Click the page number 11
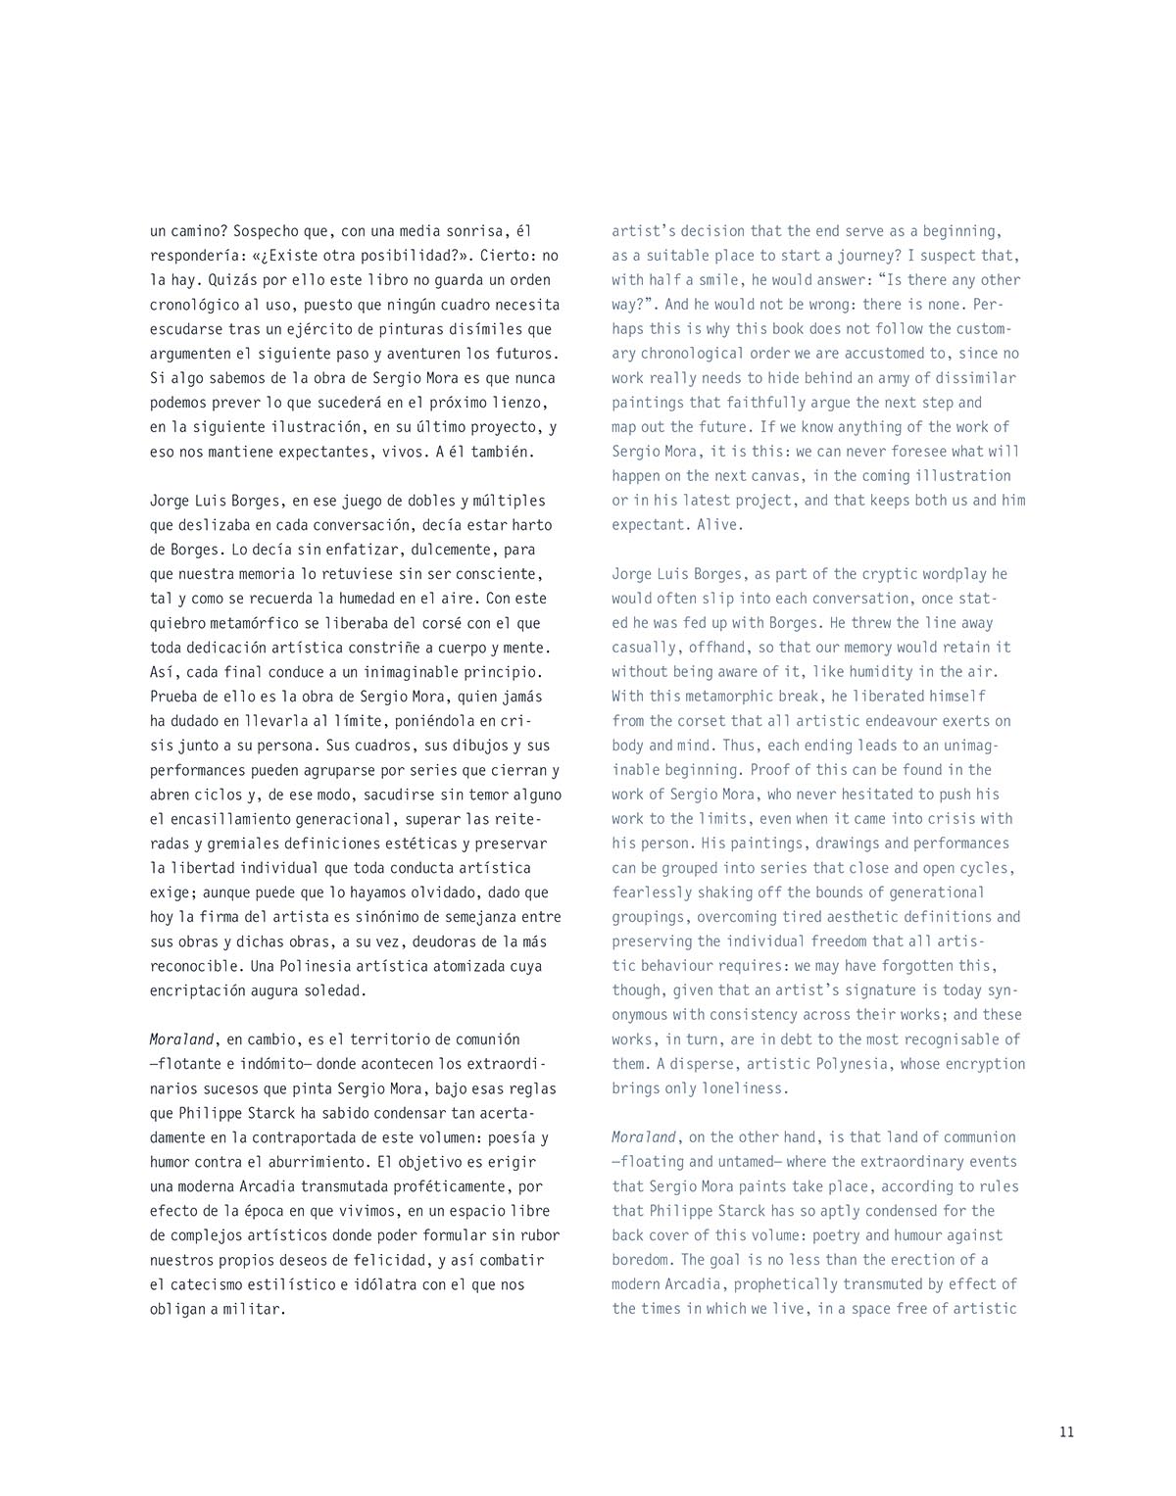click(x=1066, y=1431)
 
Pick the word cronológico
click(x=194, y=305)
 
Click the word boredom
click(x=643, y=1260)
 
